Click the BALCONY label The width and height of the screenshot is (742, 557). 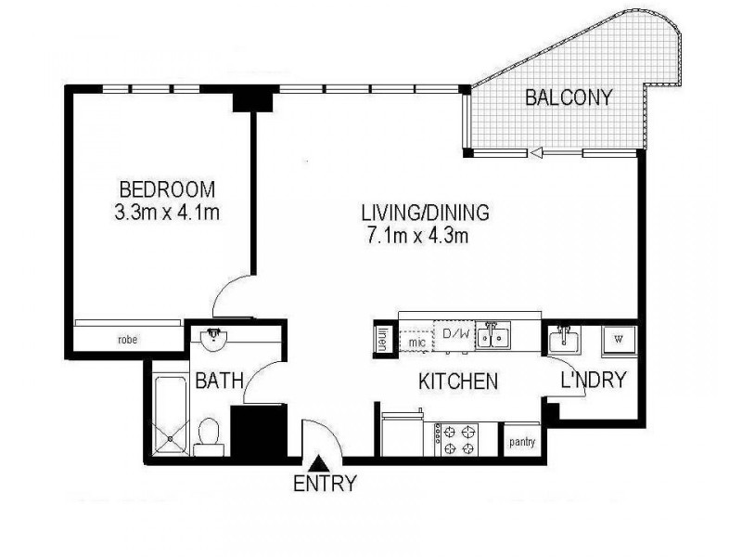pyautogui.click(x=569, y=97)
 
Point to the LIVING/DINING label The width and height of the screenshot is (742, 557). pyautogui.click(x=425, y=213)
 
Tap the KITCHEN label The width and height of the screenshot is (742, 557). pyautogui.click(x=458, y=381)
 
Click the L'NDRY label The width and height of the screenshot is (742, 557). pyautogui.click(x=595, y=379)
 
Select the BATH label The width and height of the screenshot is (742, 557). pyautogui.click(x=219, y=380)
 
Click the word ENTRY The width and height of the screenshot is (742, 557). pyautogui.click(x=325, y=484)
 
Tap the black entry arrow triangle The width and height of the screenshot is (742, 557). pyautogui.click(x=319, y=461)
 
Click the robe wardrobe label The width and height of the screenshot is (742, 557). pyautogui.click(x=127, y=339)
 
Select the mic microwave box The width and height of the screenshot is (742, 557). pyautogui.click(x=416, y=341)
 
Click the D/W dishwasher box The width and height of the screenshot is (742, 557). pyautogui.click(x=454, y=335)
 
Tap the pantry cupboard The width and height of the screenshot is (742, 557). pyautogui.click(x=522, y=441)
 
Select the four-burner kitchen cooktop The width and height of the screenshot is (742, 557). pyautogui.click(x=457, y=439)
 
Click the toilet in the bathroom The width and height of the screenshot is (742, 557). pyautogui.click(x=211, y=433)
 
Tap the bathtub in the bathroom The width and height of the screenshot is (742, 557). pyautogui.click(x=169, y=413)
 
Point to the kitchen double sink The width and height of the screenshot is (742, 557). pyautogui.click(x=493, y=336)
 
